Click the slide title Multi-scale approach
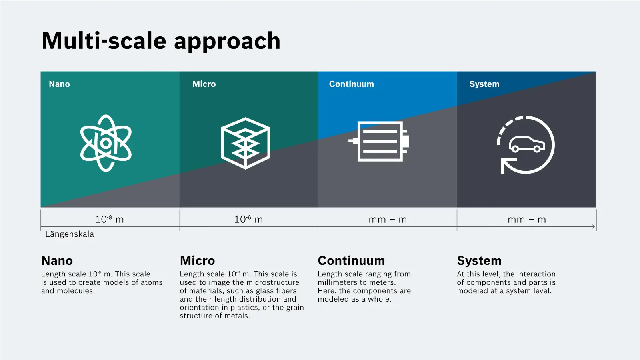tap(161, 41)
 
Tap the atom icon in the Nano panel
tap(106, 143)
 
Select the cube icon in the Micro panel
tap(246, 143)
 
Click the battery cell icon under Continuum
tap(379, 141)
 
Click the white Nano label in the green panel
tap(60, 84)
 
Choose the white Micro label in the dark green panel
tap(204, 84)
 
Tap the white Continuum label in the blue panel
tap(352, 84)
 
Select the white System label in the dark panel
tap(484, 84)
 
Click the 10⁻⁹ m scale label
tap(110, 219)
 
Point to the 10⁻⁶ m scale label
tap(248, 219)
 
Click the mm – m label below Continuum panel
tap(388, 220)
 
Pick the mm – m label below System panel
tap(527, 220)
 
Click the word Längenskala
tap(70, 234)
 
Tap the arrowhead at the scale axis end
tap(594, 226)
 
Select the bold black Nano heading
tap(57, 260)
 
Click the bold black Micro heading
tap(198, 260)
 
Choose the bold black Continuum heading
tap(352, 260)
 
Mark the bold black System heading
tap(480, 261)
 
